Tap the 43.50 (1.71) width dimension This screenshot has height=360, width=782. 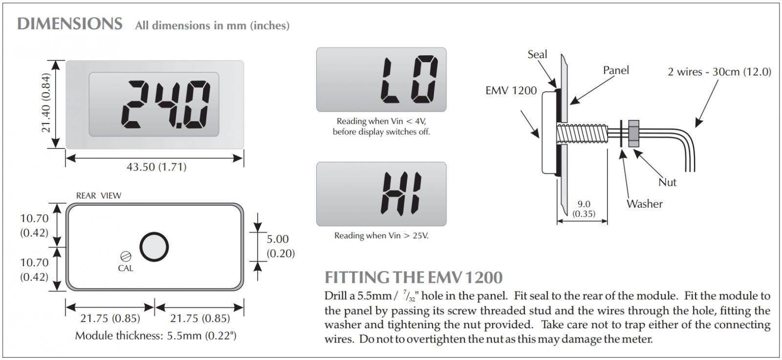pyautogui.click(x=156, y=167)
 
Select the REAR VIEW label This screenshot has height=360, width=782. pyautogui.click(x=99, y=195)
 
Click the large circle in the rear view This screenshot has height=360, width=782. pyautogui.click(x=154, y=247)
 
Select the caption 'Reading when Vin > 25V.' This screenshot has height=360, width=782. pyautogui.click(x=381, y=235)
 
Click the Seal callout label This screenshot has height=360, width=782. pyautogui.click(x=537, y=54)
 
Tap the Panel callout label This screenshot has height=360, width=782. pyautogui.click(x=616, y=70)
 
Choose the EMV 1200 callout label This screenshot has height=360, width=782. pyautogui.click(x=511, y=90)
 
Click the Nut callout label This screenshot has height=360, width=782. pyautogui.click(x=667, y=182)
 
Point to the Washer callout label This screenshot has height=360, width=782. pyautogui.click(x=645, y=204)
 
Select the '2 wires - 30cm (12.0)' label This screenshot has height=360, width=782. pyautogui.click(x=719, y=72)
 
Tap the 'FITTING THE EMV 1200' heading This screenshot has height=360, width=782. pyautogui.click(x=413, y=277)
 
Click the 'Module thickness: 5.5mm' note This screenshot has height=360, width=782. pyautogui.click(x=156, y=336)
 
